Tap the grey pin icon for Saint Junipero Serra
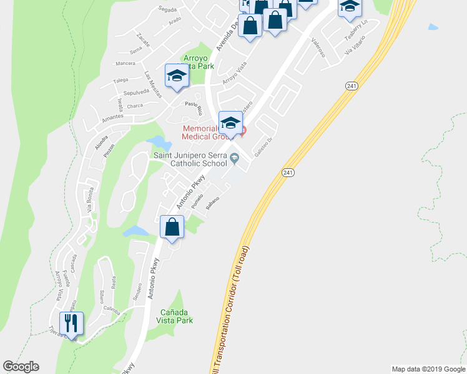click(234, 158)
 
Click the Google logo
click(21, 367)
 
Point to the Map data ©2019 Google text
click(429, 369)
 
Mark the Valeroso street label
click(318, 47)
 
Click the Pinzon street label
click(110, 152)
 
